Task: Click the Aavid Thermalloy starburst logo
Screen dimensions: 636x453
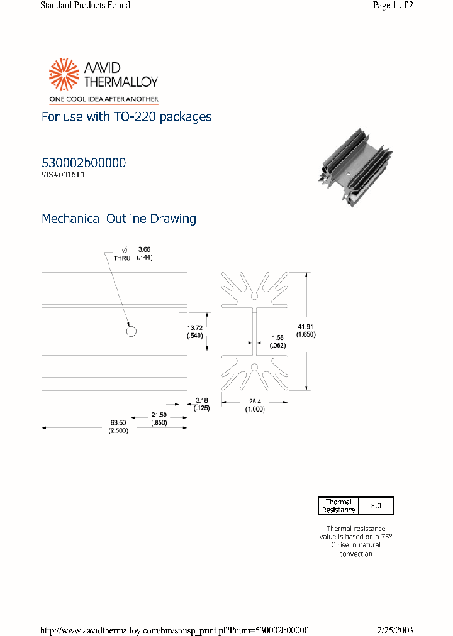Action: click(62, 74)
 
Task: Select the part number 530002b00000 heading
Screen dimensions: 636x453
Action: click(84, 163)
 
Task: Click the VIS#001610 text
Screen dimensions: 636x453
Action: click(62, 175)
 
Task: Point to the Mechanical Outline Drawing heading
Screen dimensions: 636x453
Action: click(119, 219)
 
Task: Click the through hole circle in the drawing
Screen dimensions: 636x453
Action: click(131, 331)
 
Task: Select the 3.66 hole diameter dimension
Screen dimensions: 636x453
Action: click(144, 250)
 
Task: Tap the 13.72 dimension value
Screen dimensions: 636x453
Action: click(195, 328)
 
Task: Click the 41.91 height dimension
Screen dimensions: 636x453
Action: click(306, 326)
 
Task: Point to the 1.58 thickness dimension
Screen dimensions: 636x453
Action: click(277, 338)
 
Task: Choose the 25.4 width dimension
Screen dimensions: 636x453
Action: click(255, 401)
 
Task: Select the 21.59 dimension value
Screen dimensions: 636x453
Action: click(159, 415)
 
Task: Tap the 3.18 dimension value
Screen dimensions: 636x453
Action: click(201, 400)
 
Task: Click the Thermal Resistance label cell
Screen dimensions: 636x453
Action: click(338, 506)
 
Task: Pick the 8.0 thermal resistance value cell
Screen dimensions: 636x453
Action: click(376, 506)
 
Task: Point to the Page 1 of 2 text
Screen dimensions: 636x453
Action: click(393, 6)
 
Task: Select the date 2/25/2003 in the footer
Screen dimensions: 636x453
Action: click(394, 630)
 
